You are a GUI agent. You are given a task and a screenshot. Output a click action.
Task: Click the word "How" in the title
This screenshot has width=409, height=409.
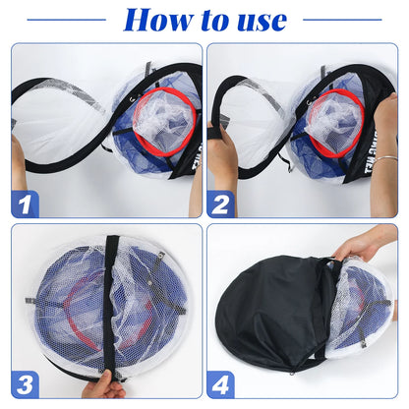point(158,19)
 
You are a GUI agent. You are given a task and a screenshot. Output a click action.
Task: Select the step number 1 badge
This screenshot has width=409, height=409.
point(26,203)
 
